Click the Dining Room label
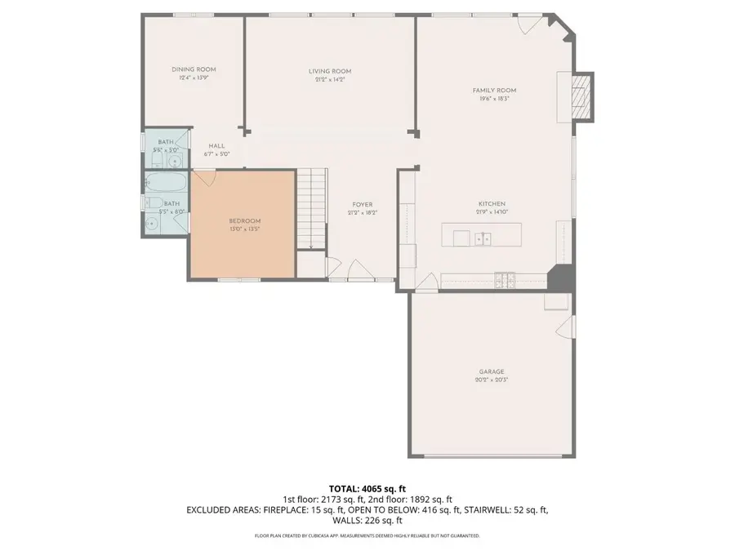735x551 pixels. click(x=194, y=69)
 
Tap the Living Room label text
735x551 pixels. click(x=330, y=71)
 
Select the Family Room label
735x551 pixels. click(x=494, y=90)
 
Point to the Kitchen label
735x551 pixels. click(x=492, y=203)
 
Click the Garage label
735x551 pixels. click(x=492, y=371)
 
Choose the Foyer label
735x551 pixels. click(x=363, y=204)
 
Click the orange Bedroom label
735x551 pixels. click(x=244, y=221)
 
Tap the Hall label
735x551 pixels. click(x=216, y=145)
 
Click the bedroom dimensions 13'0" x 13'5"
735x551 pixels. click(x=244, y=229)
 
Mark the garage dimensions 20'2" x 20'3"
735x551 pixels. click(x=492, y=380)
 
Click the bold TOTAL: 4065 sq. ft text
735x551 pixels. click(x=367, y=487)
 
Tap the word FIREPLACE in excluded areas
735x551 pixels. click(x=284, y=509)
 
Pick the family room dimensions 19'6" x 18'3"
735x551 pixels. click(x=494, y=98)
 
